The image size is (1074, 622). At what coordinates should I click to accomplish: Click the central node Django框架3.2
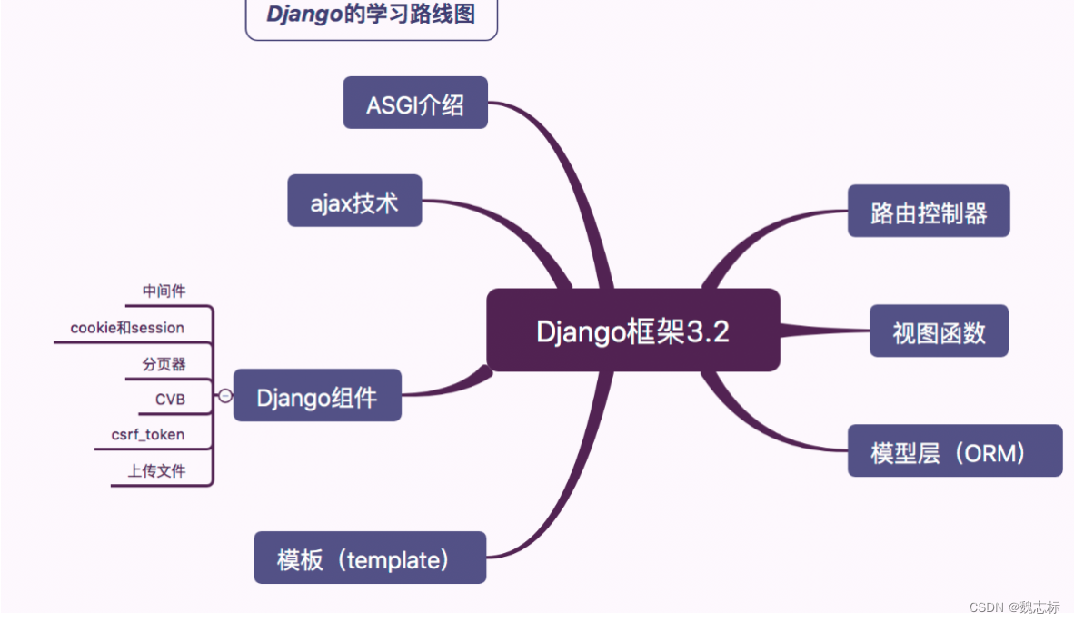pyautogui.click(x=632, y=331)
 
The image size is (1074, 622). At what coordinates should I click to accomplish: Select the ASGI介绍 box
pyautogui.click(x=415, y=104)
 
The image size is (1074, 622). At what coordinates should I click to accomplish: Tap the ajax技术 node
pyautogui.click(x=354, y=201)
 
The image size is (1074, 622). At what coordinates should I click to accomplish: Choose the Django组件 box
pyautogui.click(x=317, y=396)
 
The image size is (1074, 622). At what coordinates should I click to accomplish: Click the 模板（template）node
pyautogui.click(x=369, y=558)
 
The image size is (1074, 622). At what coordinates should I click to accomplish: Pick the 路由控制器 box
pyautogui.click(x=929, y=212)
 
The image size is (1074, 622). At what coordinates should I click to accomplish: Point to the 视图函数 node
pyautogui.click(x=939, y=331)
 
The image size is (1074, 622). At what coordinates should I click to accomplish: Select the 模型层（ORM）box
pyautogui.click(x=954, y=451)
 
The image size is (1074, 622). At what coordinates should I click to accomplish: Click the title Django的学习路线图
pyautogui.click(x=372, y=15)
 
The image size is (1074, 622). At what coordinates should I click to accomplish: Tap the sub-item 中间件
pyautogui.click(x=164, y=291)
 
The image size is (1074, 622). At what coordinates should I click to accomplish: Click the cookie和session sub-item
pyautogui.click(x=127, y=328)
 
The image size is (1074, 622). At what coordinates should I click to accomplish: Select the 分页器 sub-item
pyautogui.click(x=164, y=364)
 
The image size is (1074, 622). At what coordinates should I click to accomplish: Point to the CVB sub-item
pyautogui.click(x=170, y=399)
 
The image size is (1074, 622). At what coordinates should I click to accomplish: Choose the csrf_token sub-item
pyautogui.click(x=147, y=434)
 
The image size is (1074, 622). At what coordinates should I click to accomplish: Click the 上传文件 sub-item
pyautogui.click(x=156, y=471)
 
